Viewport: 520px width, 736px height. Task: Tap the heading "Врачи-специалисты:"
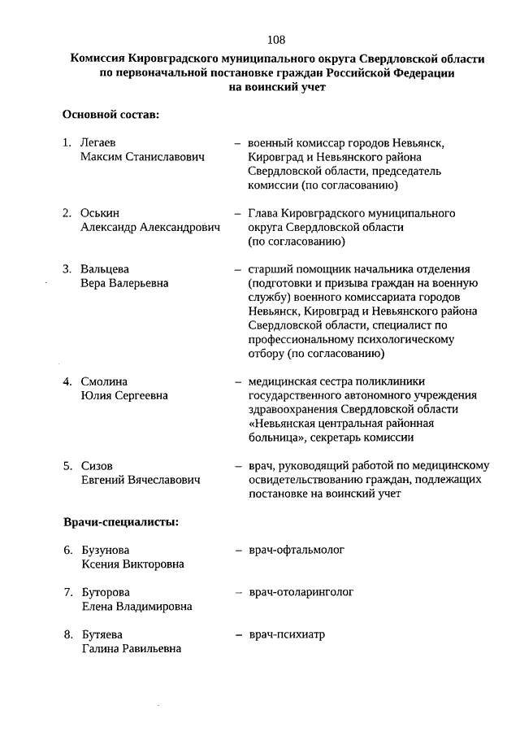[x=121, y=520]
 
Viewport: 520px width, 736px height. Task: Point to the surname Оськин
[x=100, y=213]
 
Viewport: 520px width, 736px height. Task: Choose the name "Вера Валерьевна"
[x=124, y=283]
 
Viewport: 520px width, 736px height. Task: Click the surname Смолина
[x=104, y=381]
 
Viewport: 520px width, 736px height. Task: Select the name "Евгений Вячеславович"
[x=140, y=481]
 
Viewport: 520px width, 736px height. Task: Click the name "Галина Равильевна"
[x=131, y=648]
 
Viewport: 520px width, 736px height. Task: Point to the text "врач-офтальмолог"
[x=297, y=550]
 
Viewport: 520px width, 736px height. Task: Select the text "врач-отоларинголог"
[x=301, y=592]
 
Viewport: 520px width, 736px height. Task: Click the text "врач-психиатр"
[x=287, y=634]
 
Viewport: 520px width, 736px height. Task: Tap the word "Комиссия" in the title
[x=102, y=59]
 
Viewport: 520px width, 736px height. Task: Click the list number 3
[x=67, y=269]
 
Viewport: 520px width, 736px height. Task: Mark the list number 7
[x=67, y=592]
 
